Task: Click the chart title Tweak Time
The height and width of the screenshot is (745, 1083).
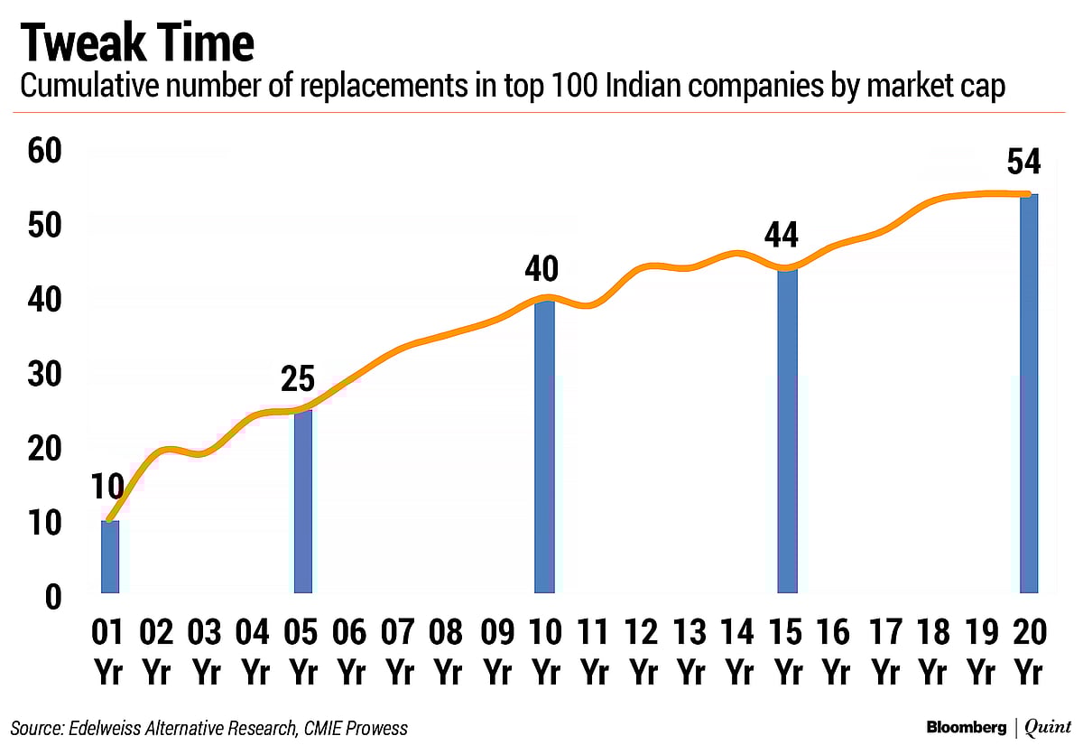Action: click(136, 42)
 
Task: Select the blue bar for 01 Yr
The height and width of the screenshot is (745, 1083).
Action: click(109, 556)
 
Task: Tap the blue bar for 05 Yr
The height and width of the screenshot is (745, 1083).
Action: click(303, 501)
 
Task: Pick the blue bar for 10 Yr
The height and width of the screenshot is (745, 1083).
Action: click(544, 446)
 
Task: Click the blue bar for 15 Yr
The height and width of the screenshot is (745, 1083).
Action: click(787, 431)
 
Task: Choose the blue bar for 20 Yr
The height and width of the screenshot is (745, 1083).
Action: click(1029, 394)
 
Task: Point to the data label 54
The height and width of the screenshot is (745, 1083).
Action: click(1024, 163)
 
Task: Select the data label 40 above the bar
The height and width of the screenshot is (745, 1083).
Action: click(541, 269)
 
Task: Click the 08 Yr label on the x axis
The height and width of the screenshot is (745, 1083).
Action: click(448, 652)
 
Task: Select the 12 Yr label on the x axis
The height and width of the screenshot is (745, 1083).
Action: click(642, 652)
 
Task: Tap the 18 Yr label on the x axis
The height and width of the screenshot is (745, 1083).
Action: click(932, 652)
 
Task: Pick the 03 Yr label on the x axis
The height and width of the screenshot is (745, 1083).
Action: click(206, 652)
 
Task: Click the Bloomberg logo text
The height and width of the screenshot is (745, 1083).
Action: click(966, 727)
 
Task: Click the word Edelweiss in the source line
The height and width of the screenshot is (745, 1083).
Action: click(99, 728)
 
